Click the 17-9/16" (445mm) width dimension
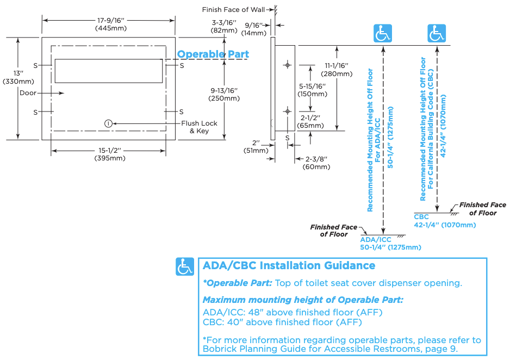108,24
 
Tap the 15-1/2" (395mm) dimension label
109,154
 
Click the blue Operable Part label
213,54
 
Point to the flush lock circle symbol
109,123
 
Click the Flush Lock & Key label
199,127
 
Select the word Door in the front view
28,93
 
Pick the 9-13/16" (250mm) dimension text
224,94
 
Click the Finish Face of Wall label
234,10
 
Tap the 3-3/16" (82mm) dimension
224,27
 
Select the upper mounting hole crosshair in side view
287,65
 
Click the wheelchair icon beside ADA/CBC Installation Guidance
185,266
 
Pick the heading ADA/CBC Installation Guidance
289,266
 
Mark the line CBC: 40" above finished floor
282,322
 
